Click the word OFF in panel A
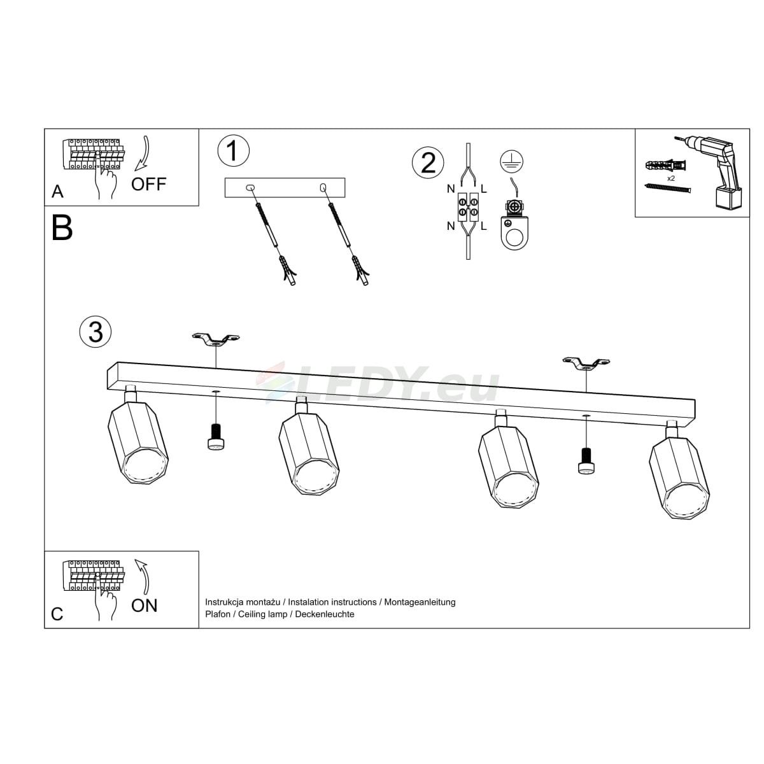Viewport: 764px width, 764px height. point(149,185)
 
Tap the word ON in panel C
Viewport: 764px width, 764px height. point(145,605)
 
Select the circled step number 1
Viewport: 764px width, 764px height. point(234,151)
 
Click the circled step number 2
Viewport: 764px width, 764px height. point(428,163)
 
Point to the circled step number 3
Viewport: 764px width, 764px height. point(95,332)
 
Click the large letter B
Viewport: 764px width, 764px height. point(62,228)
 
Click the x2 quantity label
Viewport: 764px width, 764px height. point(671,178)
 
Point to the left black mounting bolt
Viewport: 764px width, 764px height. point(216,437)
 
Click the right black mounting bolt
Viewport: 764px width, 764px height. point(586,460)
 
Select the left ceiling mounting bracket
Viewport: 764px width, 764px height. point(216,339)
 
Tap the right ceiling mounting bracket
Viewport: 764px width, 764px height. point(586,363)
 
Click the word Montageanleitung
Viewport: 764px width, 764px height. point(420,602)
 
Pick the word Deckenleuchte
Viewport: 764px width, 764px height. point(325,614)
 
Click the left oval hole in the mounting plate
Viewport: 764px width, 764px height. point(250,188)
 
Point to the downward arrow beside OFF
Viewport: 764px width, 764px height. point(143,153)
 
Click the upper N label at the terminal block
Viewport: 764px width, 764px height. point(451,189)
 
